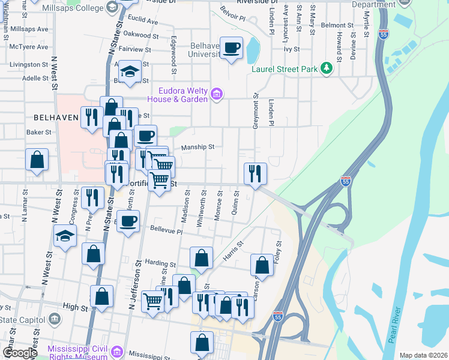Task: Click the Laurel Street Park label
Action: (x=284, y=69)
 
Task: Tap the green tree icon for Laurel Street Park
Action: (x=326, y=68)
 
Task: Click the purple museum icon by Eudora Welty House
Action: (x=217, y=94)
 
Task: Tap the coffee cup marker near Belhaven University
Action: (x=231, y=48)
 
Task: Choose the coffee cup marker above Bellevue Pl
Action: (x=127, y=221)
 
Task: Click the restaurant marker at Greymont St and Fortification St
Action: (x=255, y=174)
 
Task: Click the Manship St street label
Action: (x=198, y=146)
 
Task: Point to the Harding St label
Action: (x=160, y=263)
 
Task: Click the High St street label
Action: (x=75, y=307)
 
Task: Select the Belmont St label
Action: (x=337, y=25)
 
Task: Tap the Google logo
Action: (x=19, y=353)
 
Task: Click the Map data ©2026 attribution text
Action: (x=423, y=355)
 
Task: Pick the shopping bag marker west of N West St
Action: (x=37, y=160)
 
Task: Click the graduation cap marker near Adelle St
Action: (x=130, y=72)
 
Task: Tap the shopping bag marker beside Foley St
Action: (x=262, y=264)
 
